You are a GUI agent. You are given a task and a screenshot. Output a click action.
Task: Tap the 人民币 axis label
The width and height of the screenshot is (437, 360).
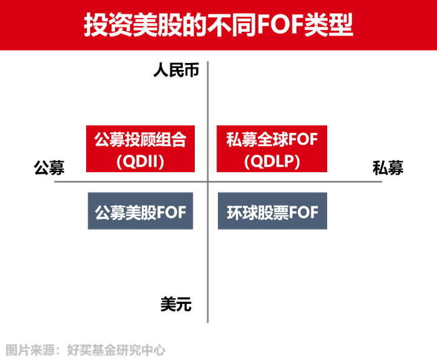click(x=176, y=71)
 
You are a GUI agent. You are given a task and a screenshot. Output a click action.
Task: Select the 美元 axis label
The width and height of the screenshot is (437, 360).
click(x=175, y=304)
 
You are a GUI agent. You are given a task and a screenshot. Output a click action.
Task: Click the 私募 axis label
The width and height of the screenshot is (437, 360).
click(x=388, y=167)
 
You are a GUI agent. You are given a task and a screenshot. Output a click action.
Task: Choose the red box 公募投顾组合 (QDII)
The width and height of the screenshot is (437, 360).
click(x=140, y=149)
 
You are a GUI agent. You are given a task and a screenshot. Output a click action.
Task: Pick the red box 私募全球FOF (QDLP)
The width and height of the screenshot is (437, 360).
click(x=272, y=149)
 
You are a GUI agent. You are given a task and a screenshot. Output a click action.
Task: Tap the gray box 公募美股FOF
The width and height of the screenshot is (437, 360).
click(x=140, y=212)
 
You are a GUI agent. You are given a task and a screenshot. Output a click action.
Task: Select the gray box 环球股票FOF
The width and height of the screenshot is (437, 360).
click(x=272, y=212)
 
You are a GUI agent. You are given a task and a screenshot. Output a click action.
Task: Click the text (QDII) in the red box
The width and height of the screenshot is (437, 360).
click(x=140, y=161)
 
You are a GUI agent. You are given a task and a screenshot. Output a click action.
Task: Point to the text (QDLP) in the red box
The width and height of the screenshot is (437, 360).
click(x=272, y=161)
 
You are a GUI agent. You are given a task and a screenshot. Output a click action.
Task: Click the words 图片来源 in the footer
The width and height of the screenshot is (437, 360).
click(x=26, y=350)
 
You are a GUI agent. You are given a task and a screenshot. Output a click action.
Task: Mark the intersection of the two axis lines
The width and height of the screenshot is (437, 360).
click(x=207, y=182)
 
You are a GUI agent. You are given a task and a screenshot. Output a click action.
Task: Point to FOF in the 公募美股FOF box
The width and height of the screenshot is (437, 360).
click(x=171, y=212)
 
